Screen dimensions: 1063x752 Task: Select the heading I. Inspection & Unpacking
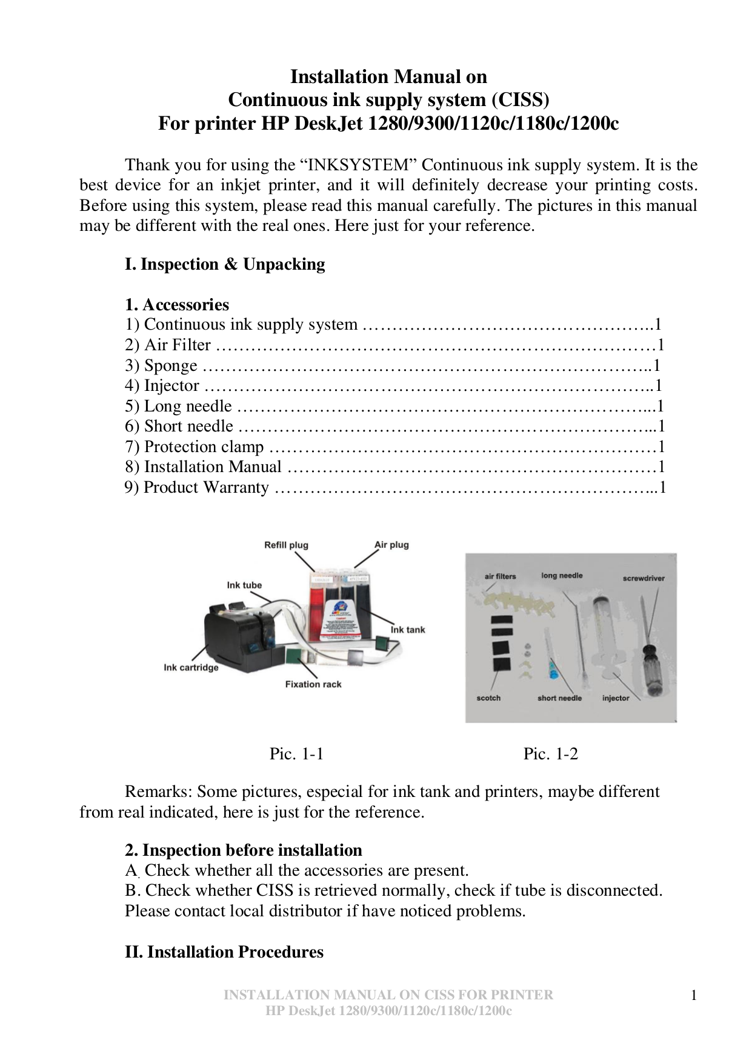tap(225, 264)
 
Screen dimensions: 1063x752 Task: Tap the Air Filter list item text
tap(177, 345)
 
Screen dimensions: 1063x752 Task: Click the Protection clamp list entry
tap(204, 447)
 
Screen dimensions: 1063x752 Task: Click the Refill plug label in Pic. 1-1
tap(286, 545)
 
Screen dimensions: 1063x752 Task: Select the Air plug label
tap(391, 544)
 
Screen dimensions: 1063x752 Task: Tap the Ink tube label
tap(244, 585)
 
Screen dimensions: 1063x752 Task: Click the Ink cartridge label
tap(191, 667)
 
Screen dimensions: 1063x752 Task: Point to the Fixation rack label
tap(313, 684)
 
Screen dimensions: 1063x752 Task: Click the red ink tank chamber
tap(318, 612)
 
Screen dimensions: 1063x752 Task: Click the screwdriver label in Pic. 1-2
tap(644, 578)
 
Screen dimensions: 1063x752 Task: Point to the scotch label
tap(488, 698)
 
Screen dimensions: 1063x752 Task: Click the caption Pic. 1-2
tap(550, 754)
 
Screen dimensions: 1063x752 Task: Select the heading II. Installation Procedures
tap(224, 951)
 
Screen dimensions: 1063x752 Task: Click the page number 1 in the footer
tap(694, 995)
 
